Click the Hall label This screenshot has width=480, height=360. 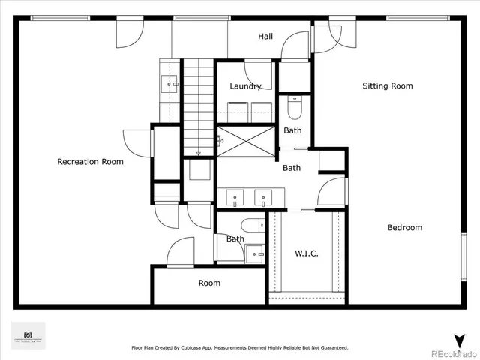tap(265, 36)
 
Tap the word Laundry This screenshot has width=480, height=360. tap(245, 86)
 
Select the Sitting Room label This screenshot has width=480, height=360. tap(388, 85)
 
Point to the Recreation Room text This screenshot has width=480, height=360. tap(90, 161)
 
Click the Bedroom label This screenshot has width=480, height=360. tap(404, 227)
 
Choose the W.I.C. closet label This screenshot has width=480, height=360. tap(305, 253)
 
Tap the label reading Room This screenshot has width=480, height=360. tap(209, 283)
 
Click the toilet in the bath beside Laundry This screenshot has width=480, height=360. tap(293, 108)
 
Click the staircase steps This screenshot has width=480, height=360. tap(199, 105)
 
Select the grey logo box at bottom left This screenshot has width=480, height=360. tap(28, 335)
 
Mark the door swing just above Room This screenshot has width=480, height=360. tap(180, 253)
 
